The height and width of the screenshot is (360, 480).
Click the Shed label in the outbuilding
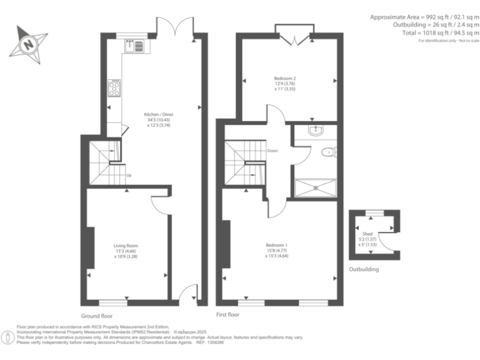tap(372, 236)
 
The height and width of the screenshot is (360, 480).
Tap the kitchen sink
tap(134, 44)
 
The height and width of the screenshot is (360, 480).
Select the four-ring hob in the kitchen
tap(115, 89)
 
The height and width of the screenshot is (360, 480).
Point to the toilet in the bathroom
tap(329, 152)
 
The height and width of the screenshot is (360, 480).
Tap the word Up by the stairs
tap(129, 175)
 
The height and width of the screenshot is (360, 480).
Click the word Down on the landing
tap(272, 151)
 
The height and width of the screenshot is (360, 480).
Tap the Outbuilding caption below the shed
tap(364, 270)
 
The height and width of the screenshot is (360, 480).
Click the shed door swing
tap(389, 240)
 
